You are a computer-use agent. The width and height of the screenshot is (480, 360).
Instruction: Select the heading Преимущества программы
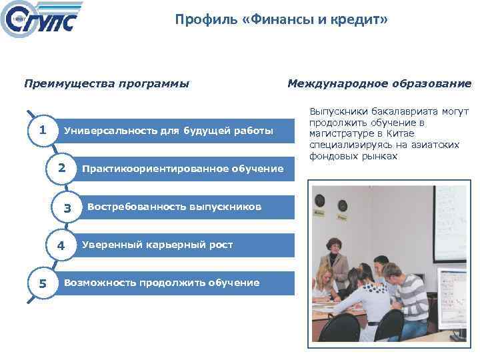pyautogui.click(x=107, y=84)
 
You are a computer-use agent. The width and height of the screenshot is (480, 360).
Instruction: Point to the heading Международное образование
pyautogui.click(x=379, y=84)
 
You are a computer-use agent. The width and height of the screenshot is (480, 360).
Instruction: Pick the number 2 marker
pyautogui.click(x=61, y=168)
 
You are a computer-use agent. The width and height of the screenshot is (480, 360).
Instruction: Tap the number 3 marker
pyautogui.click(x=67, y=209)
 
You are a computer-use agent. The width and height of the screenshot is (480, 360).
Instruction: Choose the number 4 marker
pyautogui.click(x=61, y=245)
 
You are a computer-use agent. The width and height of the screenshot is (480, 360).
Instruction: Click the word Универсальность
pyautogui.click(x=106, y=130)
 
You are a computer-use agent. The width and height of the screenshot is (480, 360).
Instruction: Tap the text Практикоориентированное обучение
pyautogui.click(x=182, y=169)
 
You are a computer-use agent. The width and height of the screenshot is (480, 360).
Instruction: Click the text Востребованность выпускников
pyautogui.click(x=174, y=207)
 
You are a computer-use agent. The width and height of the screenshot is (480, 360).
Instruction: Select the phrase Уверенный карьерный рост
pyautogui.click(x=157, y=245)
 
